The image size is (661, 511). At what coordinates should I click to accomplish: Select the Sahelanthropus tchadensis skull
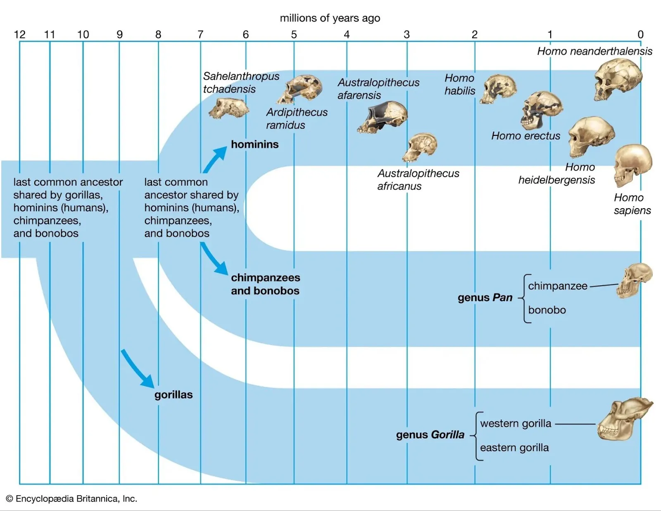228,108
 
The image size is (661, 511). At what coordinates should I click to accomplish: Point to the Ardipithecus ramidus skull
300,88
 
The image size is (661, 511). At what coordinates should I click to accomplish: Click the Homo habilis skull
499,89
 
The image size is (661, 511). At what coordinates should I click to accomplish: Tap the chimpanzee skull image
634,280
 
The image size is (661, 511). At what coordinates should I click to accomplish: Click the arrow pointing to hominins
215,159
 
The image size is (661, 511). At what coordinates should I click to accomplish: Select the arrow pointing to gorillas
138,368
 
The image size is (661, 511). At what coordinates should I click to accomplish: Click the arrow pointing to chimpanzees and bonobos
214,258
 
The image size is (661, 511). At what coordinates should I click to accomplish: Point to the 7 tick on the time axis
200,35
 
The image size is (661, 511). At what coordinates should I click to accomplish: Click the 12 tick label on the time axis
19,35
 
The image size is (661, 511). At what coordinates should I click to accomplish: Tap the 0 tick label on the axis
640,35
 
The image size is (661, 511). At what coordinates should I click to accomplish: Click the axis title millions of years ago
330,18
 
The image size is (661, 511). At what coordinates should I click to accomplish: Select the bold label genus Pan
485,297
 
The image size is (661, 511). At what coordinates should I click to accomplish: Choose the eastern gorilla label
514,448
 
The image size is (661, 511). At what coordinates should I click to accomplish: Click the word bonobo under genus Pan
547,310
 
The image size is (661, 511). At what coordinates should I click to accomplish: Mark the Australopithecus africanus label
418,180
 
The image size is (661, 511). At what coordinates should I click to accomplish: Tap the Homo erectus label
525,136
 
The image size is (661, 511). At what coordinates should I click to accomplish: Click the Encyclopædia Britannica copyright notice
71,499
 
